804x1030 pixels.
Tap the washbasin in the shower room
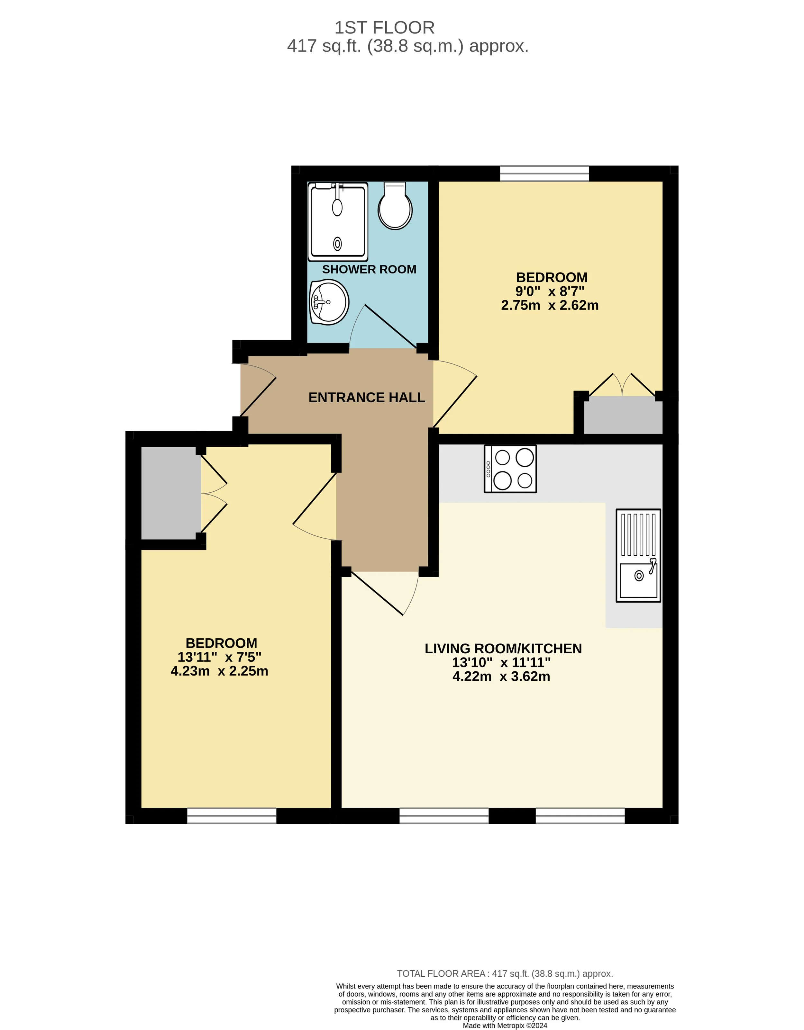[x=329, y=302]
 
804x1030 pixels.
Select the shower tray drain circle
[x=337, y=244]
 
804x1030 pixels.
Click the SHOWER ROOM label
[x=369, y=269]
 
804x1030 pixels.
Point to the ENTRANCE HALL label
[x=367, y=398]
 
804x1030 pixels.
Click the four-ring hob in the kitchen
[x=510, y=469]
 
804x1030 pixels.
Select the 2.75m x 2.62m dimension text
[x=550, y=305]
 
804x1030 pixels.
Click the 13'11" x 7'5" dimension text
[x=219, y=657]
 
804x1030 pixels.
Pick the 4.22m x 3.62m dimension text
[x=501, y=676]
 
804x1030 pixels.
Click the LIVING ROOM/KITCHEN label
[x=503, y=649]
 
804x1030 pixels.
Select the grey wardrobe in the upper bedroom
[x=623, y=415]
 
